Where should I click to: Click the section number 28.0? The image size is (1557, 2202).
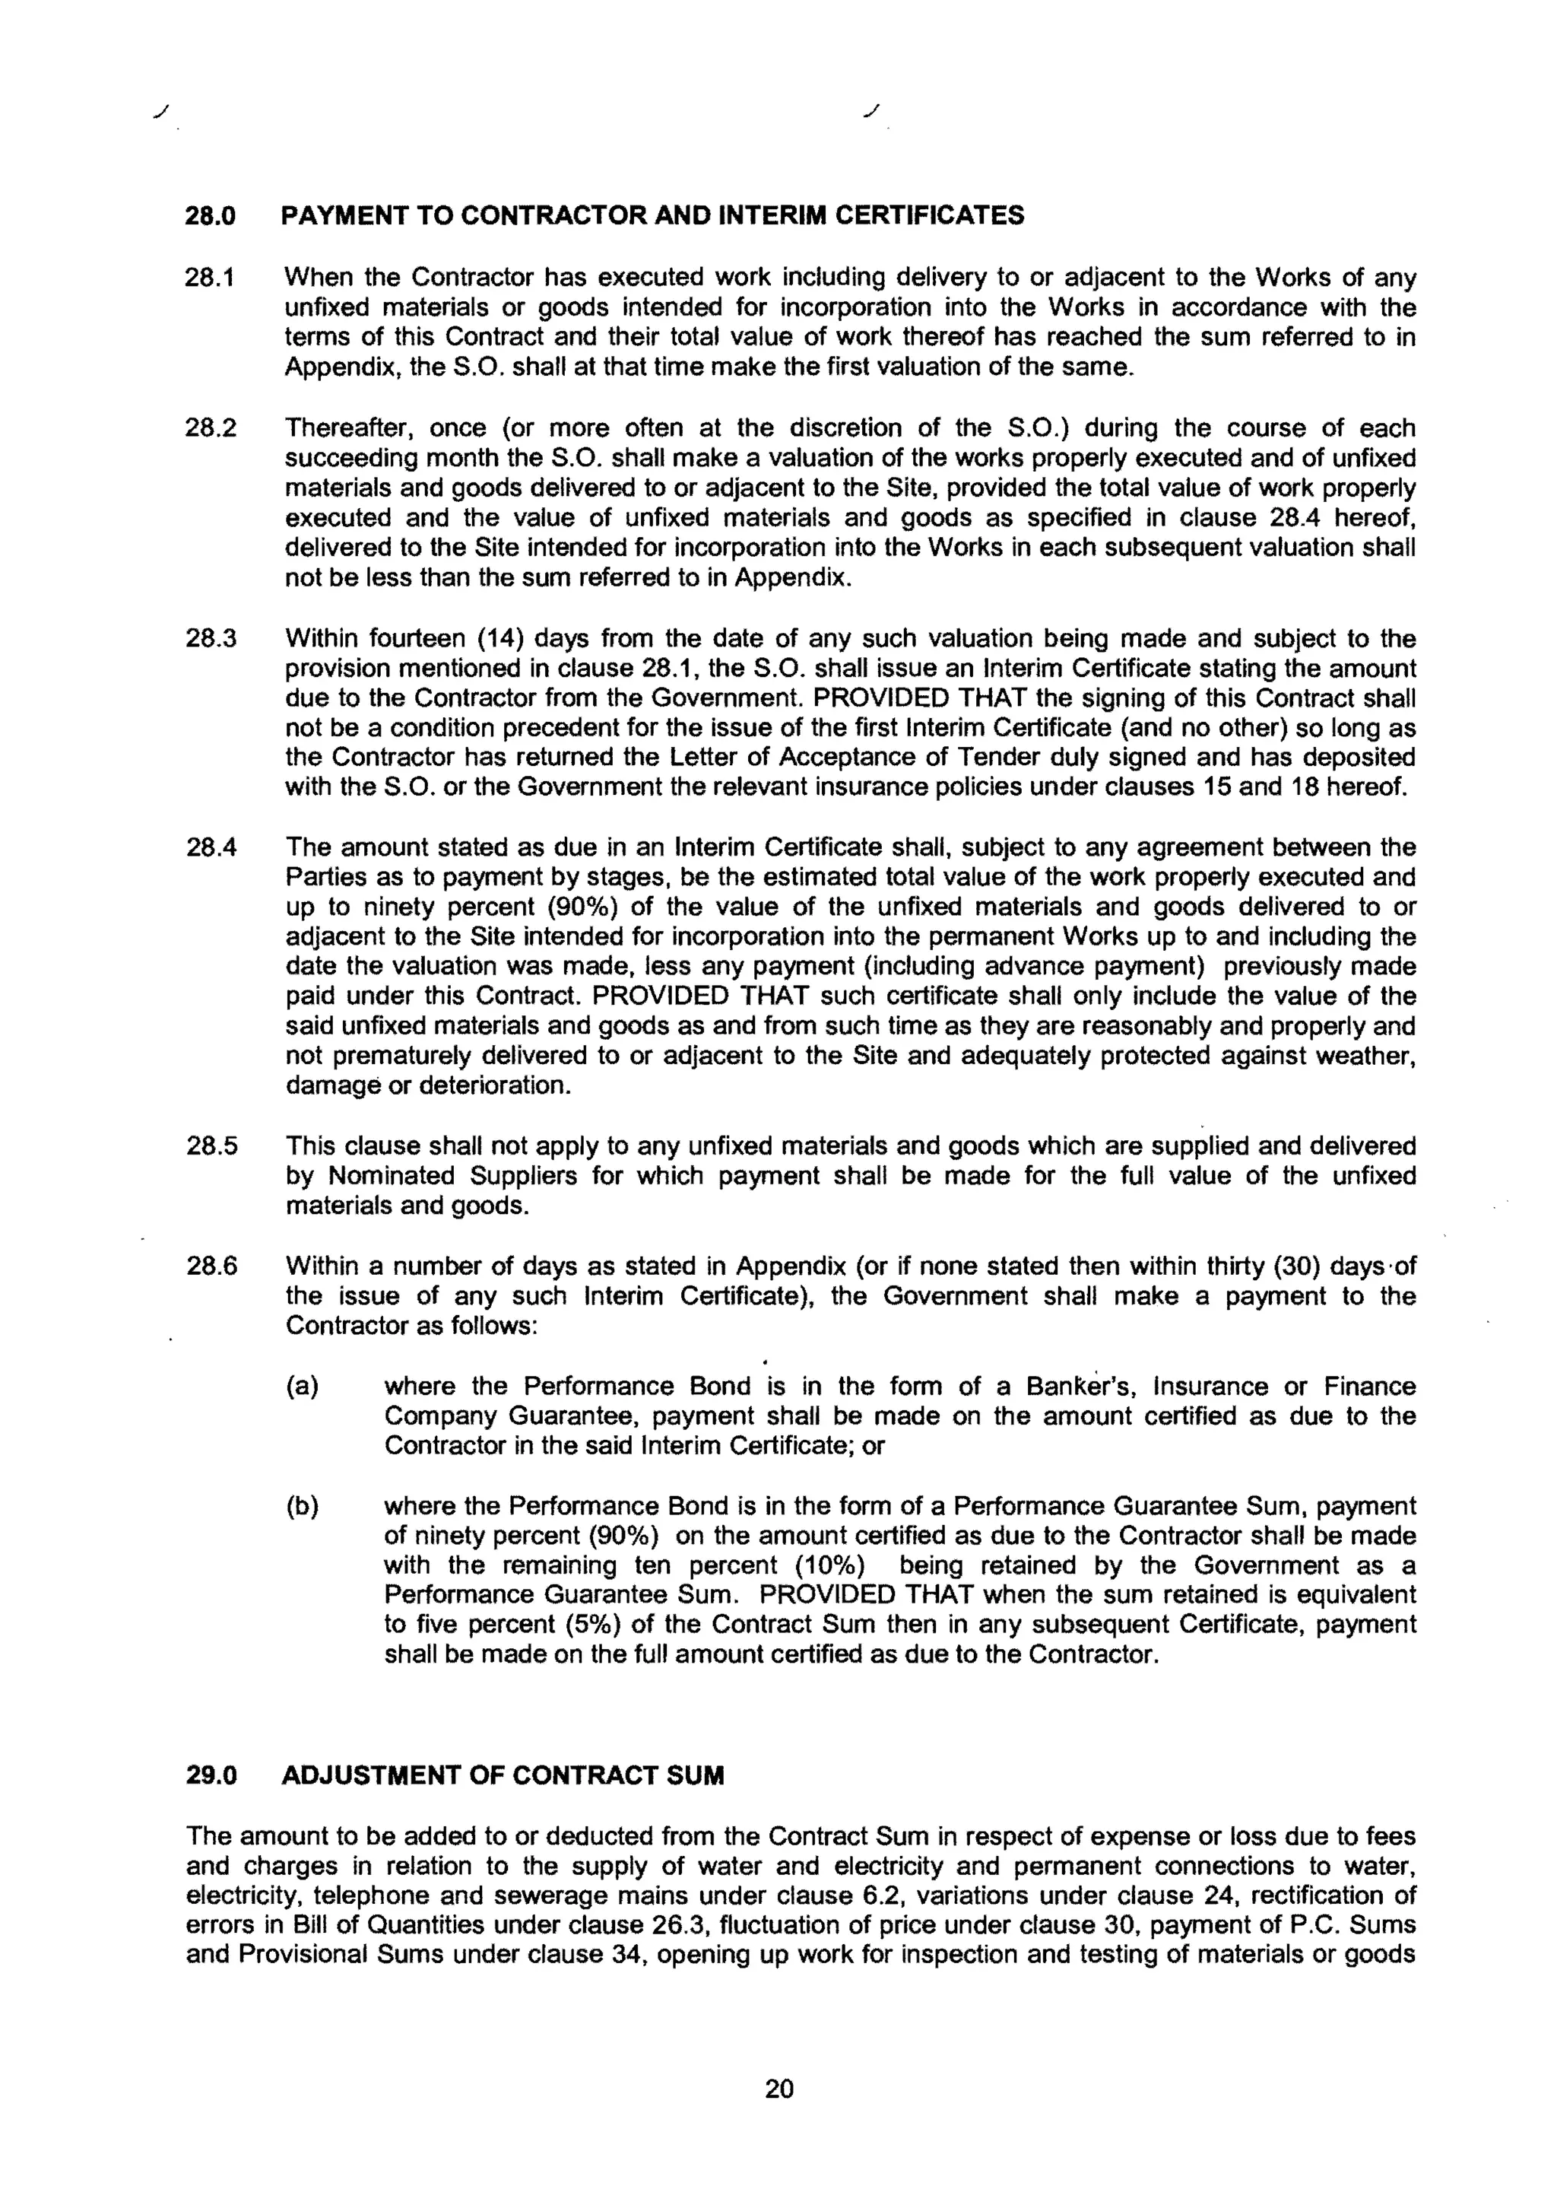[x=210, y=216]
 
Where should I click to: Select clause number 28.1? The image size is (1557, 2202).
[x=210, y=278]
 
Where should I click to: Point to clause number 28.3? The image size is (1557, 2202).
[x=210, y=639]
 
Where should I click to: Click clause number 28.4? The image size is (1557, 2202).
[x=210, y=848]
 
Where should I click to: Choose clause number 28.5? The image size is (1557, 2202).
[x=210, y=1146]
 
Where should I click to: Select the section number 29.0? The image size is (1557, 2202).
[x=210, y=1775]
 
